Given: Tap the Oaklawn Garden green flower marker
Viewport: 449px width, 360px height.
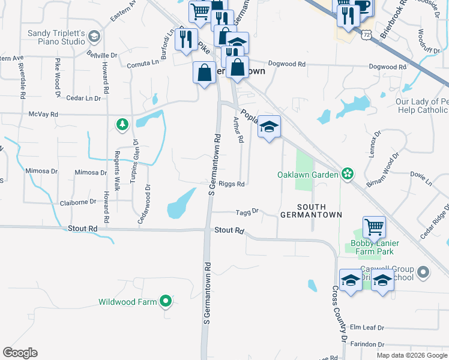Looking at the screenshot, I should click(347, 175).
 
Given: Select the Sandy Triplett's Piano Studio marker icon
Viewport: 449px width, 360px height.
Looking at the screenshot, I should click(94, 37).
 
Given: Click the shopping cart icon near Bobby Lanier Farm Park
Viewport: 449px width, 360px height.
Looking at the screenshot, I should click(374, 227).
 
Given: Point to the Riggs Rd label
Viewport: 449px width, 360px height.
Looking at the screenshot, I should click(231, 184).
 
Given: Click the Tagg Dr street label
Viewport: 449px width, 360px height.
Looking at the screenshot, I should click(247, 211).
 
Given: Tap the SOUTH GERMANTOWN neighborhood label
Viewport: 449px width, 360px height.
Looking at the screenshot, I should click(311, 210).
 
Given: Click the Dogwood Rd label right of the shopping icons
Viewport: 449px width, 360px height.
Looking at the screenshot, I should click(287, 64).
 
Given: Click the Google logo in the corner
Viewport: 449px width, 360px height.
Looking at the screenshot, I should click(20, 353).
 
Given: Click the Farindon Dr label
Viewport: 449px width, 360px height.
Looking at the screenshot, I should click(367, 344).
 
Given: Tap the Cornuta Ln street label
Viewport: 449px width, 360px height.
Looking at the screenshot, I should click(147, 61).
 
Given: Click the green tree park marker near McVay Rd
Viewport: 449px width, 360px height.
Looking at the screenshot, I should click(122, 124).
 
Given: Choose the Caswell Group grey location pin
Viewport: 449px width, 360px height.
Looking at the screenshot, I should click(424, 273).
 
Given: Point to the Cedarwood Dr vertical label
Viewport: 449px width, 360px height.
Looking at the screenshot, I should click(143, 208).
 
